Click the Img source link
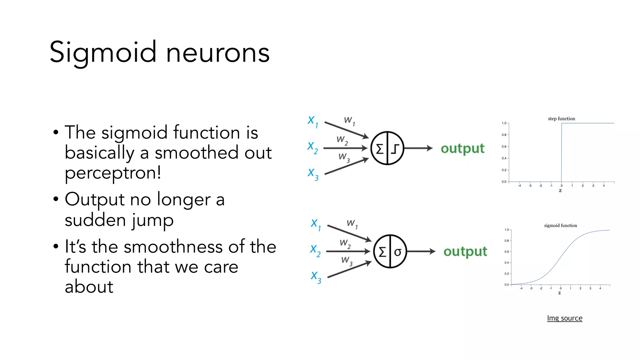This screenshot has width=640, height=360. pos(564,318)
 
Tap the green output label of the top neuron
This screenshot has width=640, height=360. pos(462,148)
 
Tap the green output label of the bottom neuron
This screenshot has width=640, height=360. pos(465,252)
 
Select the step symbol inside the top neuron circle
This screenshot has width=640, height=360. pos(395,149)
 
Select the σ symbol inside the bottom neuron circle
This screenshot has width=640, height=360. pos(397,252)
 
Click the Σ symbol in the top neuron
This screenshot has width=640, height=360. pos(380,149)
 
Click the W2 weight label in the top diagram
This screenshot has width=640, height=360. pos(342,140)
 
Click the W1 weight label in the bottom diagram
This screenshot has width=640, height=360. pos(352,224)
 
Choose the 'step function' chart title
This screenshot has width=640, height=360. pos(561,119)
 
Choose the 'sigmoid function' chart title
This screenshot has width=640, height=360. pos(560,226)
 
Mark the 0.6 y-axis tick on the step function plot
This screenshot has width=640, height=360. pos(504,147)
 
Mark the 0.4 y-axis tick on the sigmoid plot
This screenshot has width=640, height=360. pos(507,262)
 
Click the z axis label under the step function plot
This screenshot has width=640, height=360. pos(560,190)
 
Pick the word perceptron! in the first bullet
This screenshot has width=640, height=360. pos(113,173)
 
